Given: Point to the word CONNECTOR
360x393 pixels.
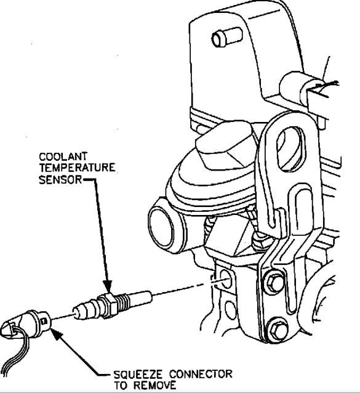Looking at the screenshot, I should click(201, 375).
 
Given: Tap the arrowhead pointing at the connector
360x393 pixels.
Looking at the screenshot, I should click(54, 332).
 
